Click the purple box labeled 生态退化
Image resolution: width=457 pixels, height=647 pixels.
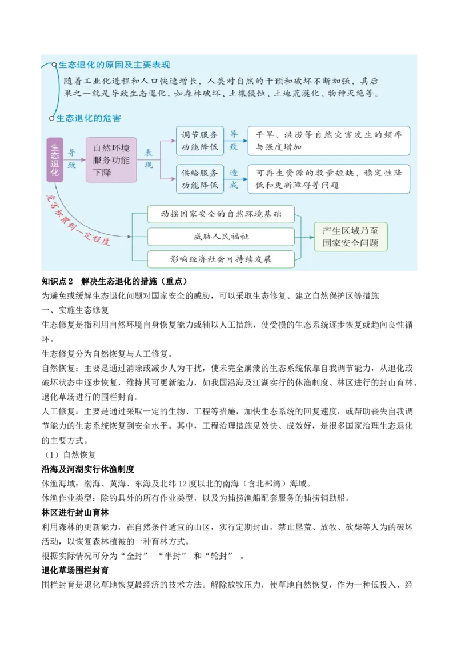[x=54, y=160]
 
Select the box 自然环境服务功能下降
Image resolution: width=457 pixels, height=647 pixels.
[x=111, y=160]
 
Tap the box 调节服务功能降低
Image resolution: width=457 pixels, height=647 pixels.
[x=199, y=141]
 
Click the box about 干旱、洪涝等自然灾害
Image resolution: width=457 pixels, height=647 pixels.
[x=328, y=141]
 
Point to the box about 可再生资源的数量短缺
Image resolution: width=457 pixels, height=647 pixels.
[x=328, y=179]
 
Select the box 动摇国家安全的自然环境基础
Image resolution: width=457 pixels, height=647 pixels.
[x=221, y=214]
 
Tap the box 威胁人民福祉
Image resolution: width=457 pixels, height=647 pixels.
[x=221, y=237]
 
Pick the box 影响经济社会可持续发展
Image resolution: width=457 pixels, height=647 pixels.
[x=221, y=259]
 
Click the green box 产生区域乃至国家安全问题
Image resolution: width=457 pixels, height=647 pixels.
[x=350, y=237]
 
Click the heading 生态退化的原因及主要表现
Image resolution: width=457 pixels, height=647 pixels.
[x=114, y=65]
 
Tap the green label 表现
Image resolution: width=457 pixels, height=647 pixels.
[x=149, y=159]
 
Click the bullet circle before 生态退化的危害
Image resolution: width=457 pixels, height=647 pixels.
[x=52, y=118]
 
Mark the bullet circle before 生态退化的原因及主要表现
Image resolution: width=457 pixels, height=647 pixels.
[x=54, y=65]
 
